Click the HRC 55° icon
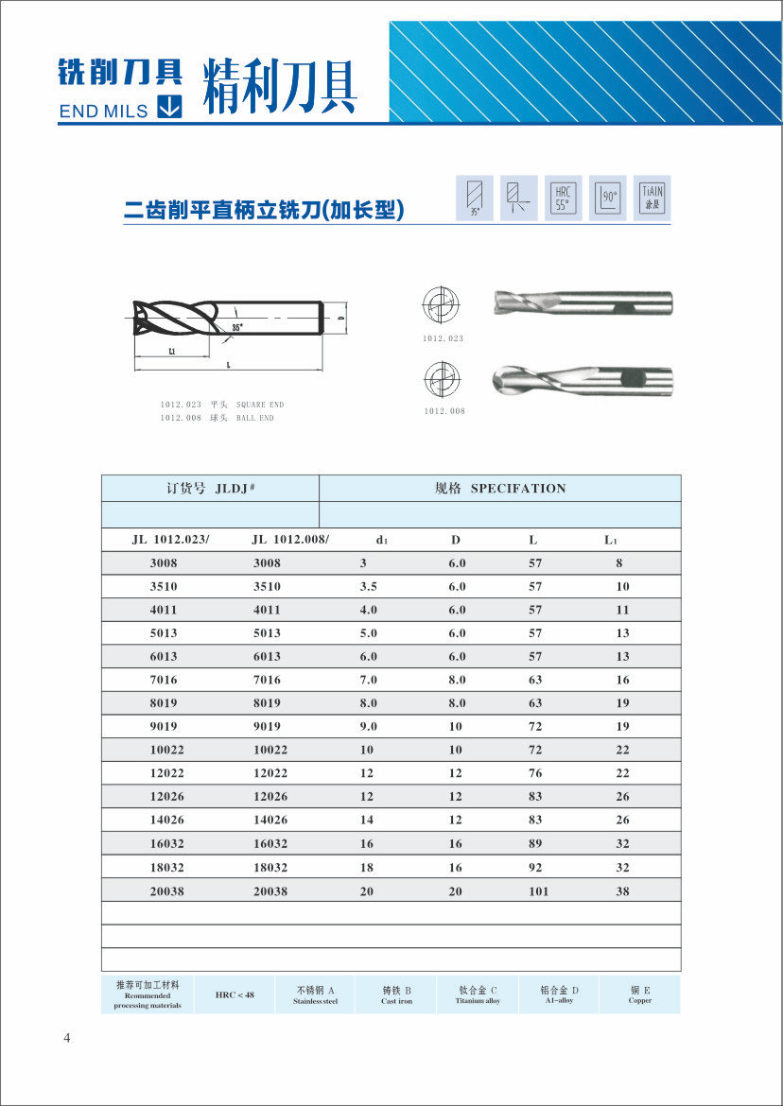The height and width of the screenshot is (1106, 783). [x=564, y=199]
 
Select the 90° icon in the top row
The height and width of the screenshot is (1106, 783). [x=608, y=199]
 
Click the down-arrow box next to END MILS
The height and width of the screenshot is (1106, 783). [x=169, y=108]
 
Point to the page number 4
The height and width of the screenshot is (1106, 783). [x=66, y=1039]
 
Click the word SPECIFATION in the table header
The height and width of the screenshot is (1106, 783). [x=518, y=489]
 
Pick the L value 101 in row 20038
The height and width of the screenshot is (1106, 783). [x=538, y=891]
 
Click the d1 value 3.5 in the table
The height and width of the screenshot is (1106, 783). [x=368, y=586]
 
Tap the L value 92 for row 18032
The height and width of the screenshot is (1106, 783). [x=535, y=868]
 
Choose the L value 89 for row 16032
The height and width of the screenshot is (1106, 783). [x=535, y=844]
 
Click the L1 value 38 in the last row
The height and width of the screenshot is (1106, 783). [x=622, y=891]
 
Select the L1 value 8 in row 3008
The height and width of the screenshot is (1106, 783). [x=619, y=563]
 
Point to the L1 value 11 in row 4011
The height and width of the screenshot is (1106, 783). [x=622, y=610]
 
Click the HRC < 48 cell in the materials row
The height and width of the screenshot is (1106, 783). [x=235, y=994]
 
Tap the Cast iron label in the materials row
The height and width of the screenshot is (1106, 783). [x=397, y=1001]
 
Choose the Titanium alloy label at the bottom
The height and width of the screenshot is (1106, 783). [x=478, y=1000]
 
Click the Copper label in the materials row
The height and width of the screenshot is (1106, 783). [x=640, y=1000]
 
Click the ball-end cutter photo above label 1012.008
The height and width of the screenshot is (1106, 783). [x=583, y=381]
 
